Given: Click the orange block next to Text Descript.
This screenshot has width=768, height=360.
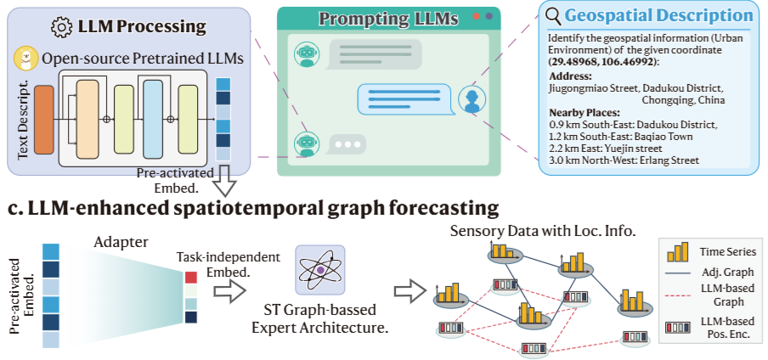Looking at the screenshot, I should [x=44, y=119].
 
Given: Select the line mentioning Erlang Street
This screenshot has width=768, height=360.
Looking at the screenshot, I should [x=624, y=160].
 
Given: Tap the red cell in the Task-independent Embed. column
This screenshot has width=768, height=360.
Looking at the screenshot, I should [x=189, y=276].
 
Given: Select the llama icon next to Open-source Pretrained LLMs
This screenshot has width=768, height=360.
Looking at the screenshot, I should [x=26, y=59].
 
